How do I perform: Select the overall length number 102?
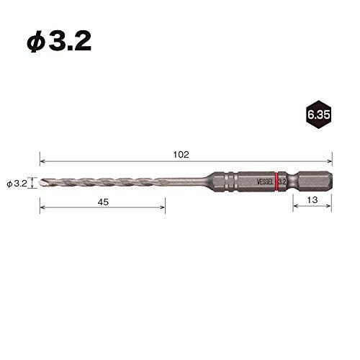[x=181, y=155]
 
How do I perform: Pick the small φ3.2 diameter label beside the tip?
[x=17, y=184]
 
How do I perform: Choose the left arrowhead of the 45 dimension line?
[x=42, y=209]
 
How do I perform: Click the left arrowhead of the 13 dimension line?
[x=294, y=209]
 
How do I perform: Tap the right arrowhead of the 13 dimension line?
[x=330, y=209]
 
